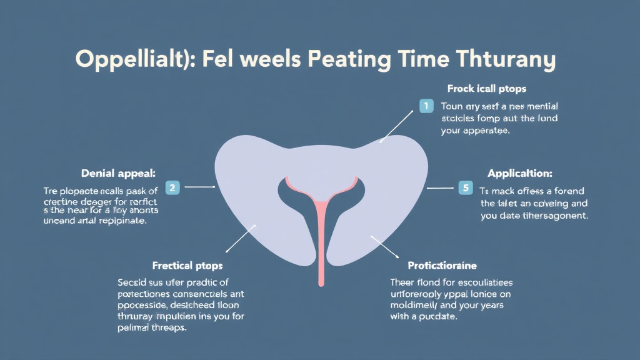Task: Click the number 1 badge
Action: tap(426, 106)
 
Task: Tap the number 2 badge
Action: tap(173, 186)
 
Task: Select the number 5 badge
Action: tap(464, 186)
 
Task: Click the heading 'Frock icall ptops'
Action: tap(486, 89)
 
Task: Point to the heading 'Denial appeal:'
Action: tap(118, 172)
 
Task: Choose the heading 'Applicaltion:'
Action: tap(520, 173)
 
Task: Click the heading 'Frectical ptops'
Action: tap(187, 266)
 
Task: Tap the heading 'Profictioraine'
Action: tap(441, 266)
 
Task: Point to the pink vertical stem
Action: tap(321, 244)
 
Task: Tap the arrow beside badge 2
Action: tap(200, 186)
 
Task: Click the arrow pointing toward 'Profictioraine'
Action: tap(384, 246)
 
